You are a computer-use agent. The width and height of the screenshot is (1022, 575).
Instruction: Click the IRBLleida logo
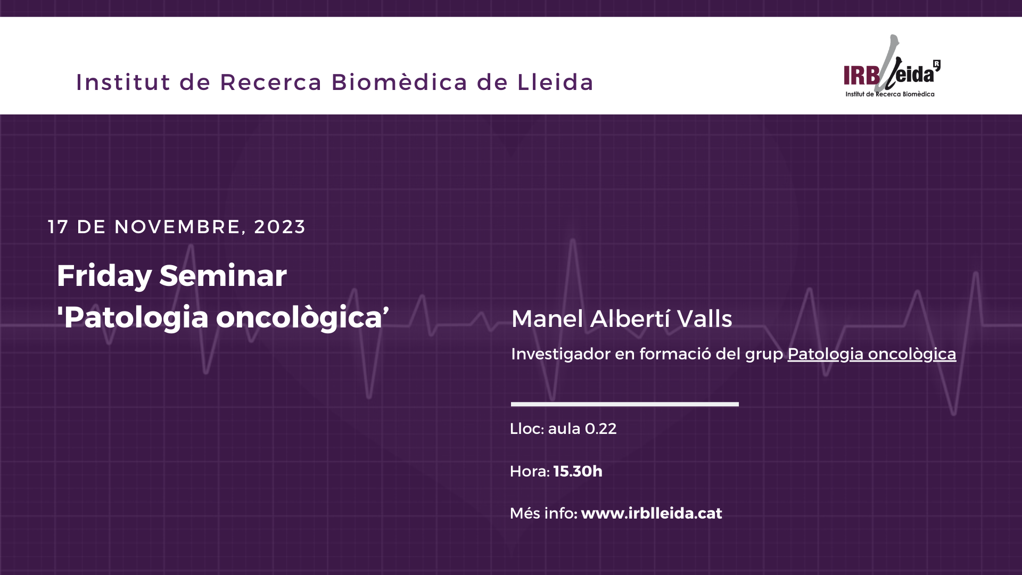coord(892,66)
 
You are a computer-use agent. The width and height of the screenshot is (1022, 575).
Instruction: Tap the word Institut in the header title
coord(123,82)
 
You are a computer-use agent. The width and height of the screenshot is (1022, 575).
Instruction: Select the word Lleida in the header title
coord(555,82)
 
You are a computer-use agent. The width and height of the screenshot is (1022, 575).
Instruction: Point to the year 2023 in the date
coord(279,227)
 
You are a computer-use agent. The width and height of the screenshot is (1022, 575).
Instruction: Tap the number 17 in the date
coord(58,227)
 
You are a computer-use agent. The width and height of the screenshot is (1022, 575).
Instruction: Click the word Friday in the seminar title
coord(104,276)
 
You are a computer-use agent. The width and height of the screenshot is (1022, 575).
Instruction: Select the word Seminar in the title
coord(223,276)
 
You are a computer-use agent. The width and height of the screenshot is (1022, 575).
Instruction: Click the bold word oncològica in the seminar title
coord(302,318)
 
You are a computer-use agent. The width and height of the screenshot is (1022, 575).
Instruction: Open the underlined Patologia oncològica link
coord(872,354)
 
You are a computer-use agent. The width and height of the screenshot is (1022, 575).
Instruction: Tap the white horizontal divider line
coord(625,404)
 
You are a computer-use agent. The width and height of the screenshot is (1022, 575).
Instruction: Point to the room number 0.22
coord(600,429)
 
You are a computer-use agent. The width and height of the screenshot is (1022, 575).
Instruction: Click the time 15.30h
coord(578,471)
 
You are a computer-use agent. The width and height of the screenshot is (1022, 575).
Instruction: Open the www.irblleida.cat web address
coord(652,513)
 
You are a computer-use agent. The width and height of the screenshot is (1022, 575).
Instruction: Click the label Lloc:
coord(527,429)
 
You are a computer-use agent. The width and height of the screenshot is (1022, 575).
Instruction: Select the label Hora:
coord(530,471)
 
